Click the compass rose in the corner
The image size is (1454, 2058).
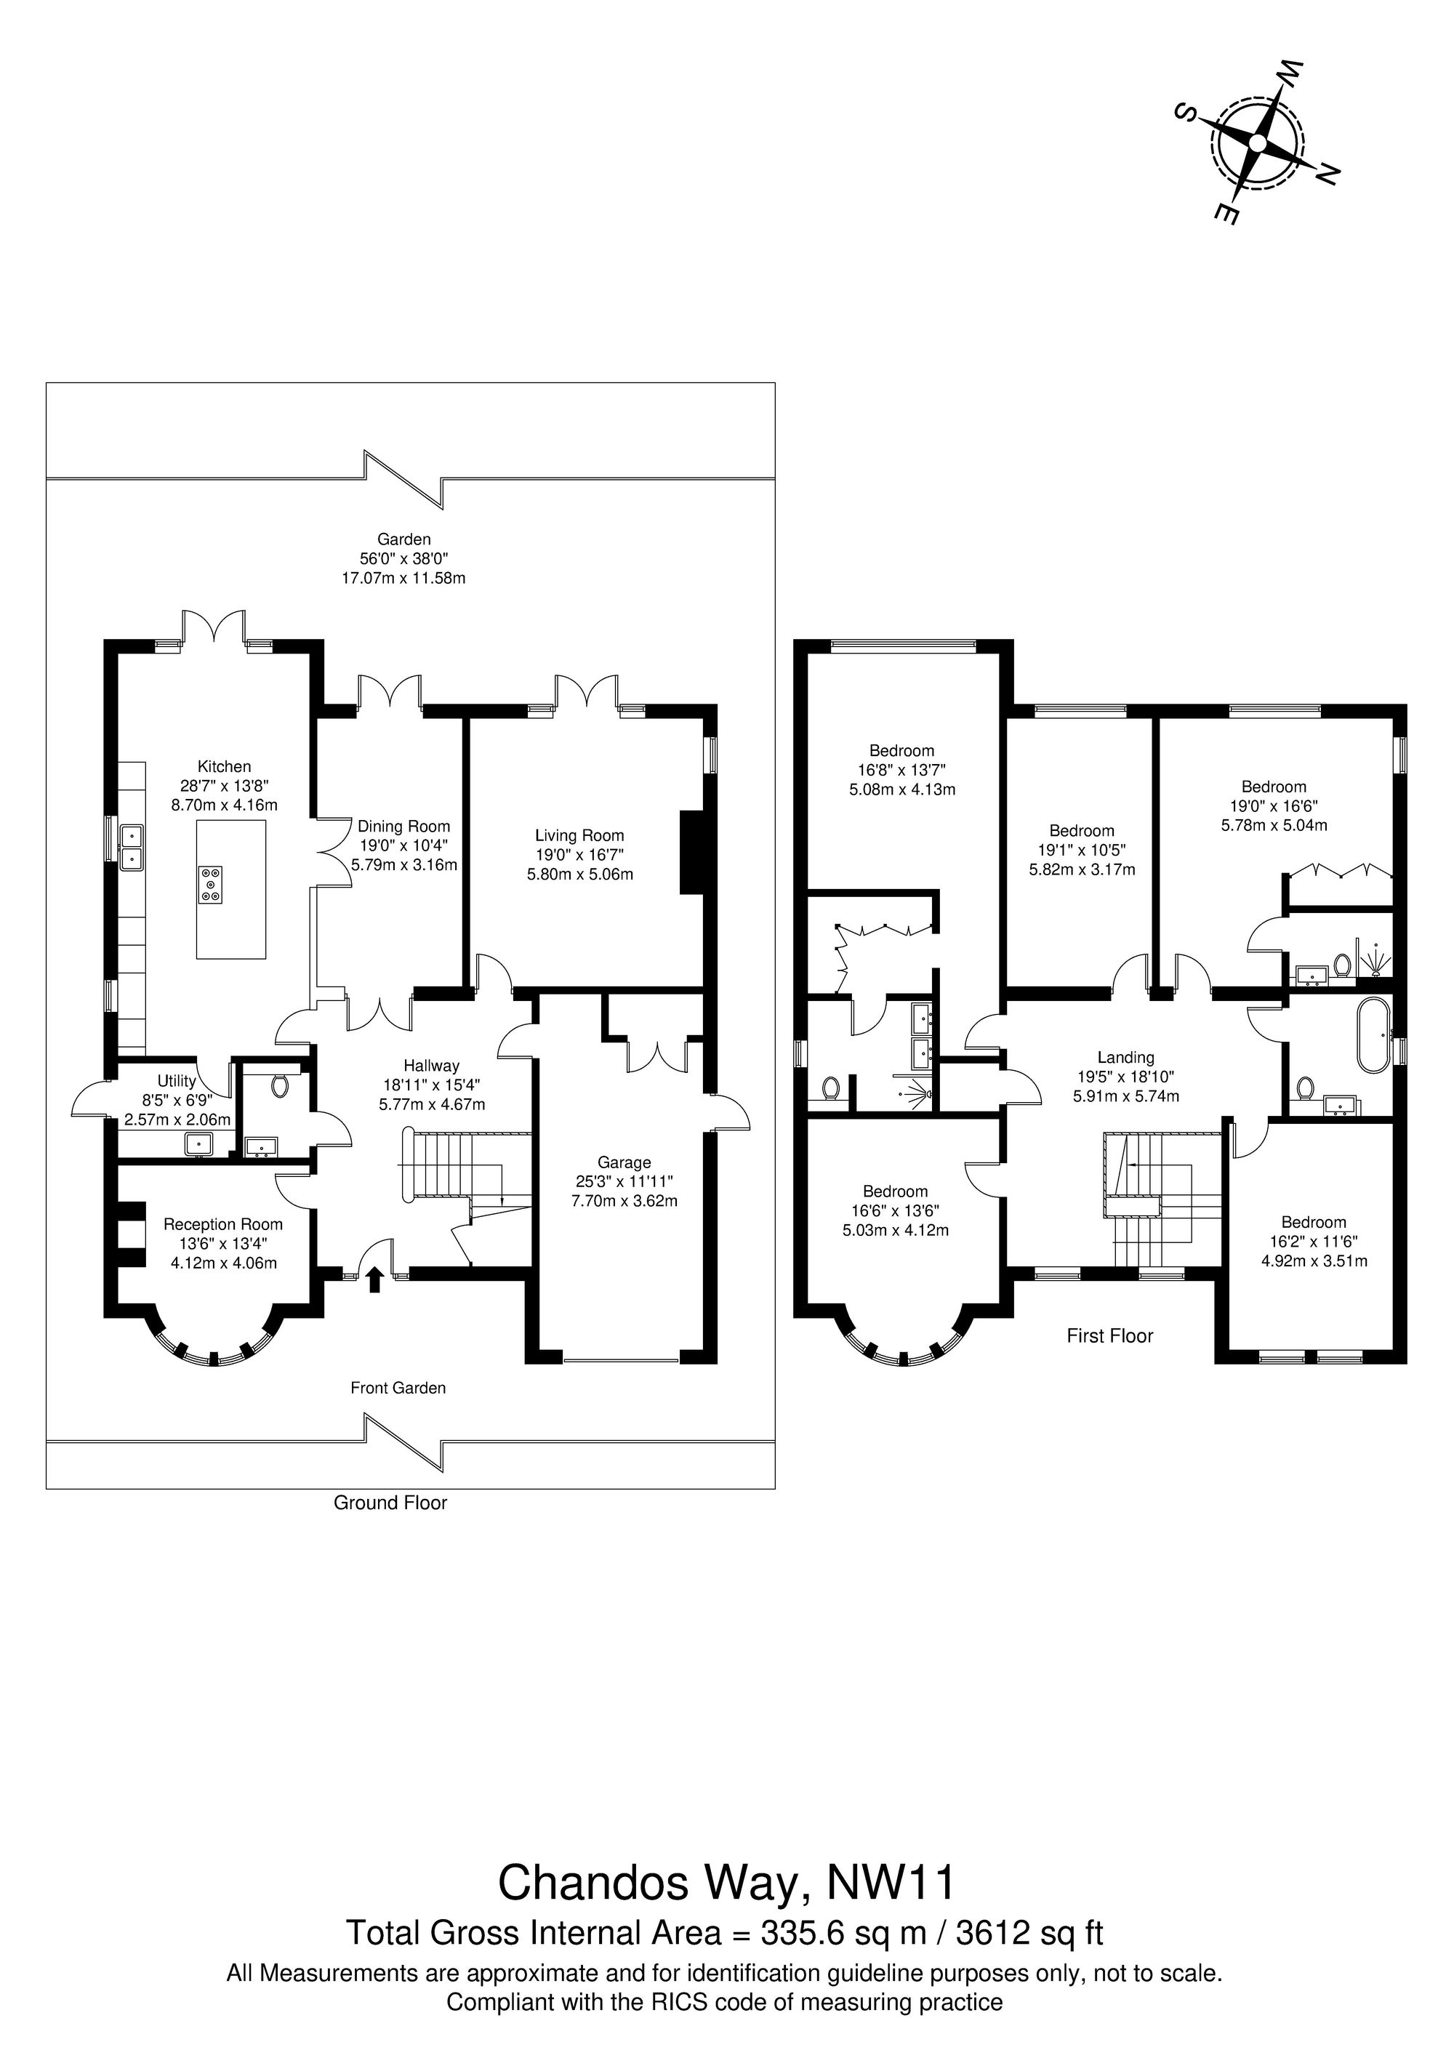tap(1257, 143)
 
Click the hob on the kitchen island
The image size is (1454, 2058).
tap(212, 883)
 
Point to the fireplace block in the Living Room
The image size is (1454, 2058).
tap(692, 853)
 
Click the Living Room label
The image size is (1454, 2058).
tap(579, 835)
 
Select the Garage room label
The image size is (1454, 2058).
tap(624, 1162)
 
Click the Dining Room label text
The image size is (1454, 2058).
tap(404, 827)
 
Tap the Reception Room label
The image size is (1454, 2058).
tap(223, 1224)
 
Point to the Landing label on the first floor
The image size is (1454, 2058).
tap(1126, 1058)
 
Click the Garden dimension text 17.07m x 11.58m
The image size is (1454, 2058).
tap(403, 578)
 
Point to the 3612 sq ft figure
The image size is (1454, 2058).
tap(1030, 1908)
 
